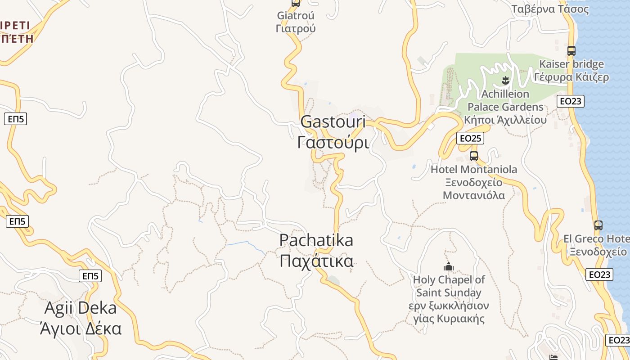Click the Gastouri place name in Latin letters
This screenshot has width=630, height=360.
[333, 122]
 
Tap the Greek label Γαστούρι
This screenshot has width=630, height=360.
[333, 142]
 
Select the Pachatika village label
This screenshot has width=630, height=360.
[316, 240]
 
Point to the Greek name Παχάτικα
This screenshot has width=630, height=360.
[316, 261]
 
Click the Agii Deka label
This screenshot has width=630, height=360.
[81, 308]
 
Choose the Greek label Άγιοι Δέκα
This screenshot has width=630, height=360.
[81, 328]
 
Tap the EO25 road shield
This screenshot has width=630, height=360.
[470, 138]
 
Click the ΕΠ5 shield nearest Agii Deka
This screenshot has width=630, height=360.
[90, 276]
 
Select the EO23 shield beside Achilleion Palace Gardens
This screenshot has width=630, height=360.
[570, 101]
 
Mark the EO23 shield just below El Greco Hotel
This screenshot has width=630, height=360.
[599, 274]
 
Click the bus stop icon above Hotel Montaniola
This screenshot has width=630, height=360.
[473, 156]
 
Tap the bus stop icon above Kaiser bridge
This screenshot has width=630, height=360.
[571, 51]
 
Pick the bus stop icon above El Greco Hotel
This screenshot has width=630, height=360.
[598, 225]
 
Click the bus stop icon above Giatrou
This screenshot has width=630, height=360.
[296, 3]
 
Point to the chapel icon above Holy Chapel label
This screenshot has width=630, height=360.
[448, 266]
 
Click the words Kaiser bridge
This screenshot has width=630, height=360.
[571, 64]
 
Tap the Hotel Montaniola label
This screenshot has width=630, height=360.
[474, 170]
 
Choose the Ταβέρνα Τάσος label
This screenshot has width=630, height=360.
[550, 9]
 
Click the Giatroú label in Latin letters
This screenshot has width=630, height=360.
[296, 15]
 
